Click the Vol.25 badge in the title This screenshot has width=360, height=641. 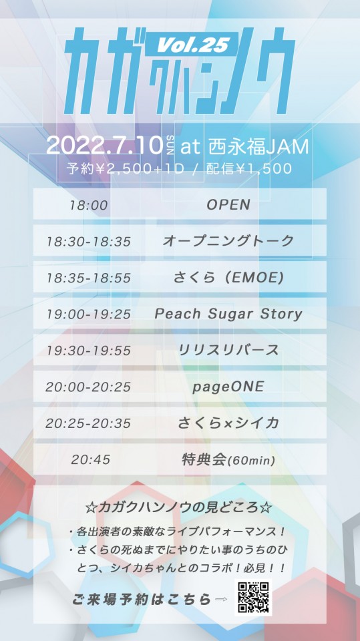pyautogui.click(x=193, y=43)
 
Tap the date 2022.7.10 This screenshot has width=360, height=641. pyautogui.click(x=105, y=146)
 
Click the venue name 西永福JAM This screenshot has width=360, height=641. pyautogui.click(x=258, y=146)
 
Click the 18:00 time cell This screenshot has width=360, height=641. pyautogui.click(x=88, y=205)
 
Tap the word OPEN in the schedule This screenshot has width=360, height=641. pyautogui.click(x=228, y=205)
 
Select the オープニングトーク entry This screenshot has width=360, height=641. pyautogui.click(x=228, y=241)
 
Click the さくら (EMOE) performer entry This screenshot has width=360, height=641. pyautogui.click(x=228, y=278)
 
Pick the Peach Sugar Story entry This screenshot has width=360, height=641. pyautogui.click(x=228, y=314)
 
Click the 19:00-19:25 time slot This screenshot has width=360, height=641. pyautogui.click(x=88, y=314)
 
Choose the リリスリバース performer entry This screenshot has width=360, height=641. pyautogui.click(x=228, y=351)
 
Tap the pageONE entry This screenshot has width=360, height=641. pyautogui.click(x=228, y=387)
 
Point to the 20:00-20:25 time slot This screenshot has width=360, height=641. pyautogui.click(x=88, y=387)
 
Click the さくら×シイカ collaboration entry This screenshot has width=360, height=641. pyautogui.click(x=228, y=423)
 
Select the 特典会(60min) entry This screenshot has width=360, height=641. pyautogui.click(x=228, y=460)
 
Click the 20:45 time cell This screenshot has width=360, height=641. pyautogui.click(x=90, y=460)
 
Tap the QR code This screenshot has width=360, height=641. pyautogui.click(x=254, y=597)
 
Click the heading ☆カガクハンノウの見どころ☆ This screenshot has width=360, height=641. pyautogui.click(x=180, y=507)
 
